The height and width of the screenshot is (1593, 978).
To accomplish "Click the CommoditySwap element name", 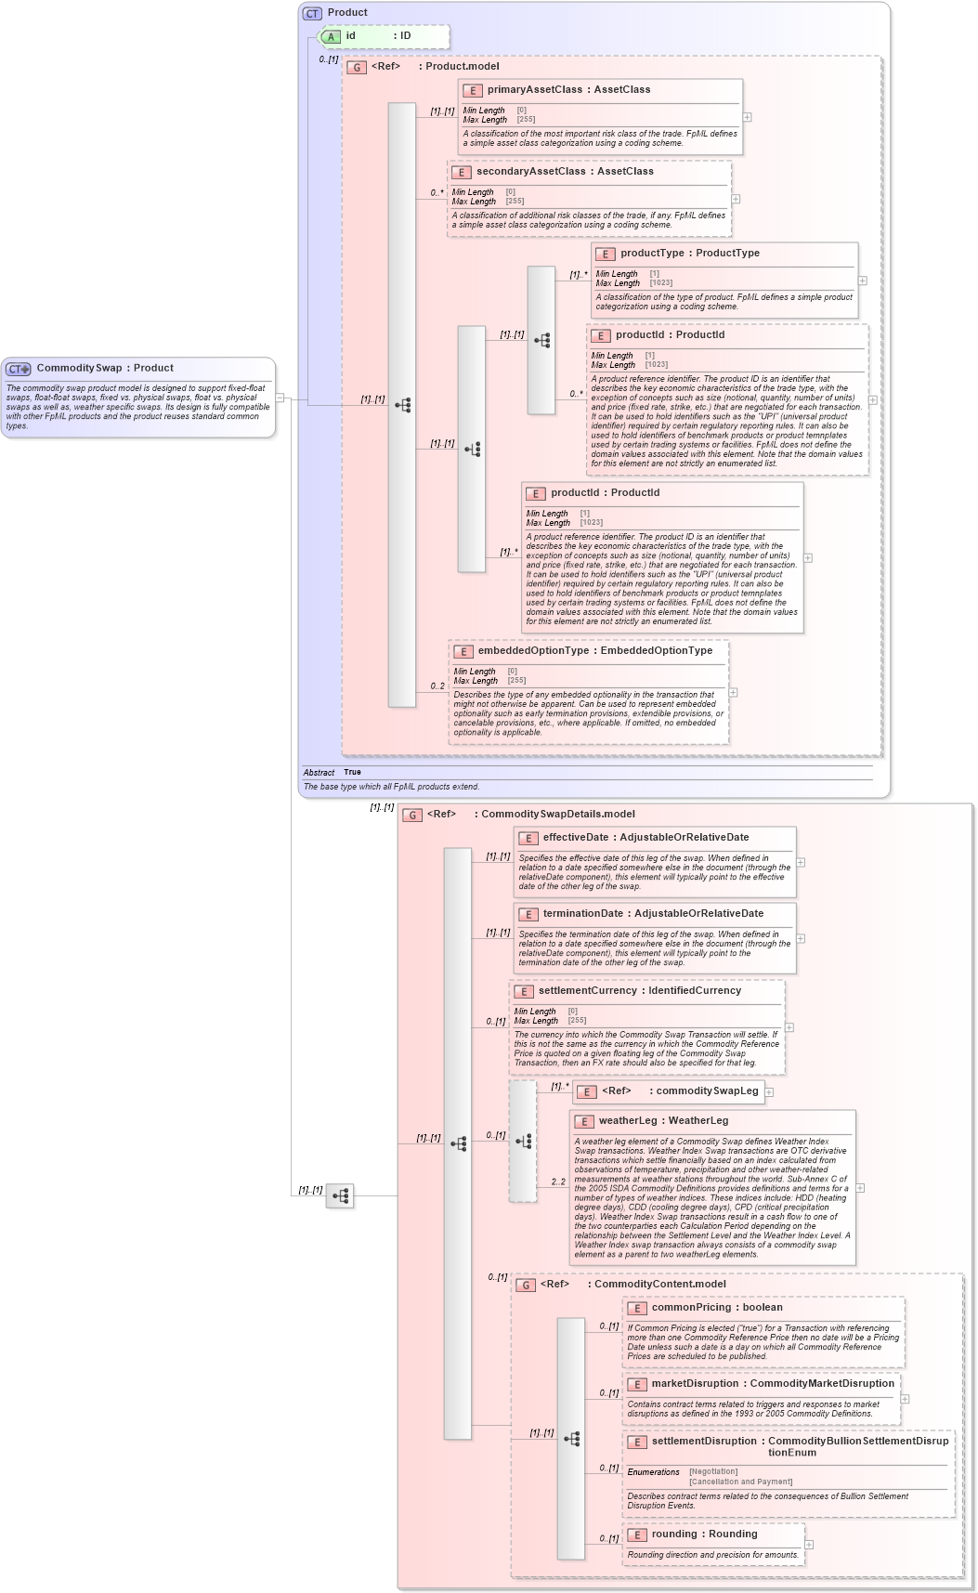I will [79, 368].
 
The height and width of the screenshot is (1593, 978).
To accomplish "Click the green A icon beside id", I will [332, 36].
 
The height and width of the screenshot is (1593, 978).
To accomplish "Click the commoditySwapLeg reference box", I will [670, 1091].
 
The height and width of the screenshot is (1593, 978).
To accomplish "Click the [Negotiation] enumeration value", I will [713, 1471].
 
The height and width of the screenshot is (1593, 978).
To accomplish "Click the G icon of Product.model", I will [357, 67].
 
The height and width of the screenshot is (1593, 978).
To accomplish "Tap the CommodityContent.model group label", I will [659, 1284].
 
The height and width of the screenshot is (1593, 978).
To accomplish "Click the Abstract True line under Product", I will [333, 772].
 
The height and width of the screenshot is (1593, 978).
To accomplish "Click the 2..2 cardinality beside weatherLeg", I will [558, 1182].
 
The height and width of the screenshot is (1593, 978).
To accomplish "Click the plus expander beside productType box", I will [862, 281].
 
